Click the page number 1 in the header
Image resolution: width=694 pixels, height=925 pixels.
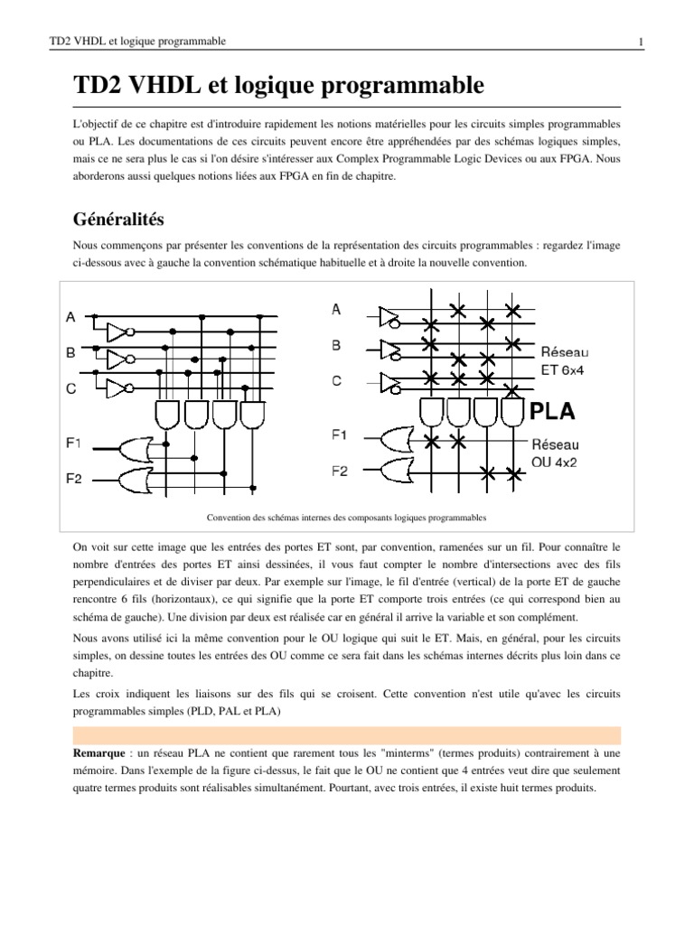pos(640,42)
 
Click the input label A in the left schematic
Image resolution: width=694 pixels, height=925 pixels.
pos(70,318)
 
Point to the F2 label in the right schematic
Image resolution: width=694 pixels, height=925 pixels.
pos(340,471)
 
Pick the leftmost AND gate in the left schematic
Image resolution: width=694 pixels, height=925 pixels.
pos(169,415)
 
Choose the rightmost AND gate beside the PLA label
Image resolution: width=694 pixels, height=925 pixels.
pos(512,416)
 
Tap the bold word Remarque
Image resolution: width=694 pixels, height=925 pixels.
pos(102,752)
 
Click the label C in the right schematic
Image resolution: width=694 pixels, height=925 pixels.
pos(336,381)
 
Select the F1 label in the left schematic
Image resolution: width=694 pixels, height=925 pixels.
pos(73,443)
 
